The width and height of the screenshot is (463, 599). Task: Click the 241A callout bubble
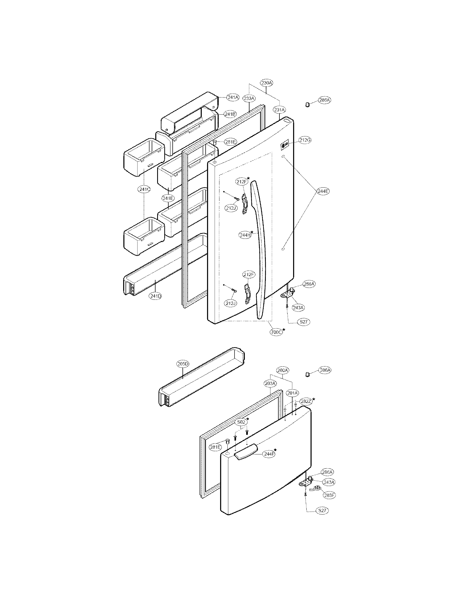click(233, 97)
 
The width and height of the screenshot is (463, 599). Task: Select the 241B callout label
click(230, 114)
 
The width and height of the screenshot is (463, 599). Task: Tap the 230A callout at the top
click(267, 82)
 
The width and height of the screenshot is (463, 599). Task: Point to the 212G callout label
click(305, 140)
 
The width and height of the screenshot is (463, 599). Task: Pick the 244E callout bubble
click(323, 191)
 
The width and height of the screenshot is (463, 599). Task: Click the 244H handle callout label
click(245, 235)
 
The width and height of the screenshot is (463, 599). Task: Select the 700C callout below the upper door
click(276, 332)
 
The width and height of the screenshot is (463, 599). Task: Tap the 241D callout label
click(156, 296)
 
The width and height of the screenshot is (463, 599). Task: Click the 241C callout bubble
click(144, 189)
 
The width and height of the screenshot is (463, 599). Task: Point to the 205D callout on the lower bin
click(183, 364)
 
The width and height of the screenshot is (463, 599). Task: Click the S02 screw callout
click(241, 422)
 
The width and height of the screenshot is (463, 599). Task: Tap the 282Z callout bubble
click(306, 401)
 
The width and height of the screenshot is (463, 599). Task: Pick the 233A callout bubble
click(249, 98)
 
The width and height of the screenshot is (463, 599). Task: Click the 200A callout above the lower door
click(282, 370)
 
